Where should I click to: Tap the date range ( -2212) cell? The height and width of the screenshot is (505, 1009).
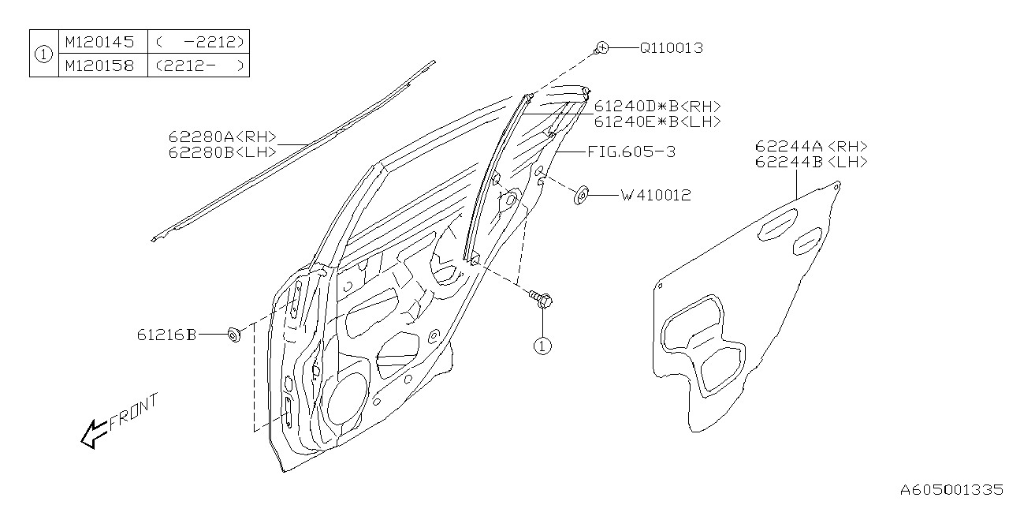click(x=199, y=42)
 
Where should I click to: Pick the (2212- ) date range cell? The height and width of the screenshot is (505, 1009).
click(x=199, y=65)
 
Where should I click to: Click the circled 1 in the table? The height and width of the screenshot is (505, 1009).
click(x=44, y=54)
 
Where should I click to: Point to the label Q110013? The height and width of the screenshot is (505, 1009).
click(x=670, y=48)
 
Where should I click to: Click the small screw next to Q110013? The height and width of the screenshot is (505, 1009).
click(x=602, y=48)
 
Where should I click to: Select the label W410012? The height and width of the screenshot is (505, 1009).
click(x=656, y=195)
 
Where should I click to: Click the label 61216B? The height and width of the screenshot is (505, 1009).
click(x=165, y=335)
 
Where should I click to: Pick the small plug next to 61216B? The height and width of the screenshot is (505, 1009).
click(x=233, y=335)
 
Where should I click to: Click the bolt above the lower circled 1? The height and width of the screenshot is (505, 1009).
click(x=542, y=300)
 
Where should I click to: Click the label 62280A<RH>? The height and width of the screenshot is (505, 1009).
click(x=222, y=137)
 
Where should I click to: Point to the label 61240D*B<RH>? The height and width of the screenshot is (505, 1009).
click(x=657, y=106)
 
